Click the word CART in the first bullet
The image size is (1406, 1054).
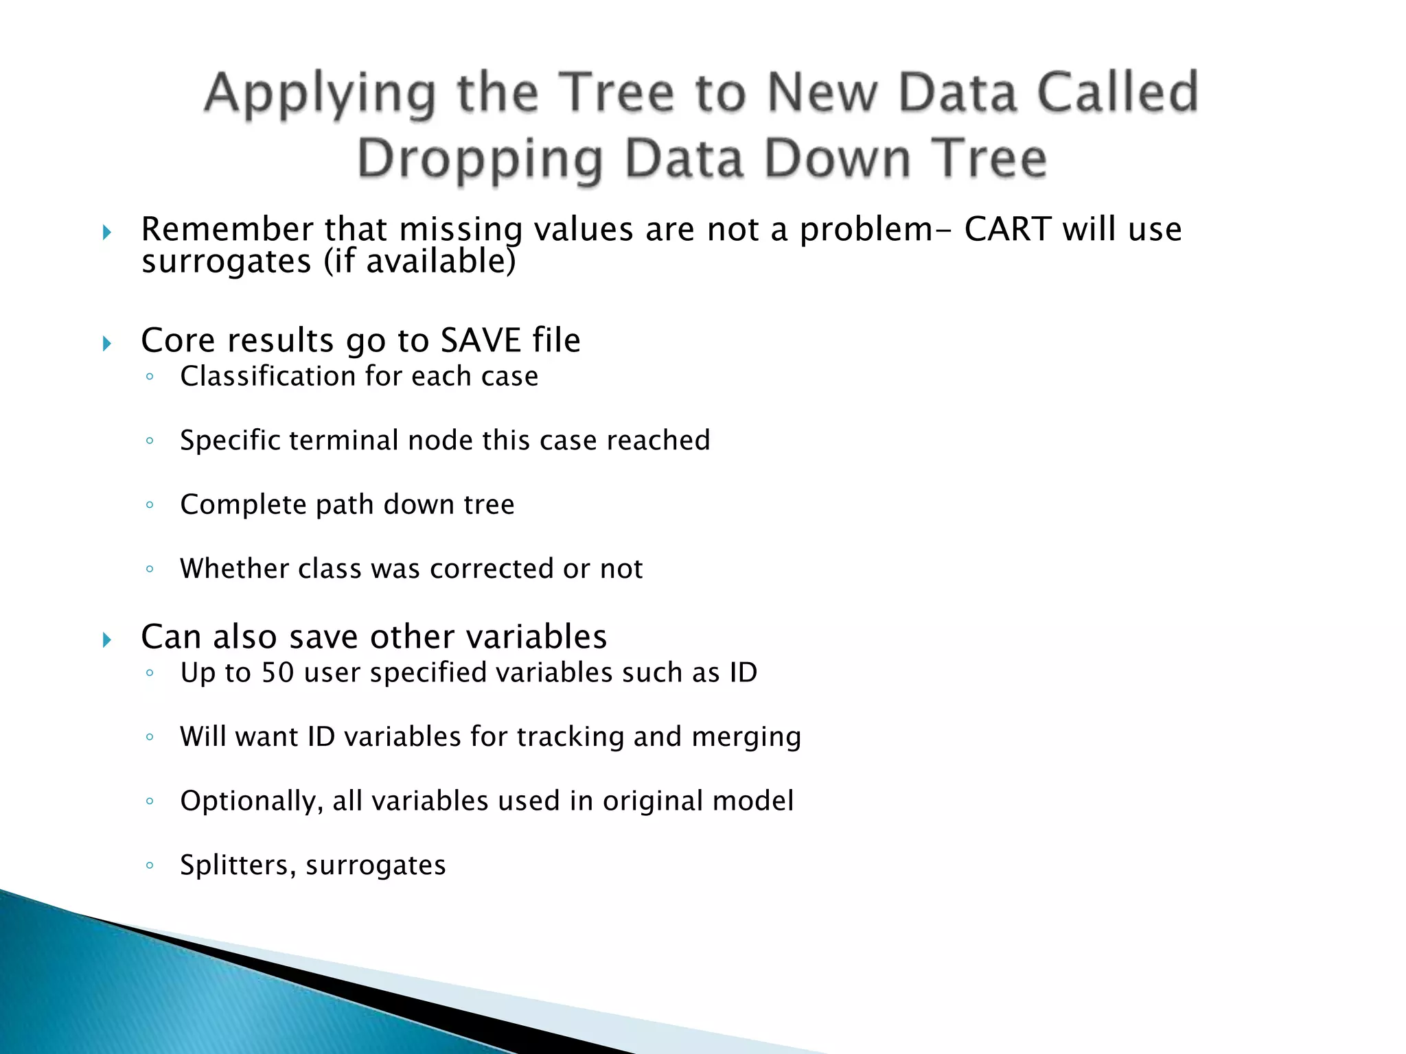click(1007, 229)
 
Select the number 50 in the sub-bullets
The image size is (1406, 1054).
click(277, 672)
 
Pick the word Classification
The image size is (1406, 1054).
click(268, 377)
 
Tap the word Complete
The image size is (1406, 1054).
click(243, 505)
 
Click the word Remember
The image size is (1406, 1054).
click(227, 229)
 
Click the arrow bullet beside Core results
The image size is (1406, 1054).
click(106, 343)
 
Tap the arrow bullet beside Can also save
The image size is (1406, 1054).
click(106, 640)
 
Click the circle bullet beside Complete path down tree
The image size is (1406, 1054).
click(150, 505)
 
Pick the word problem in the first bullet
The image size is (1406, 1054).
click(866, 229)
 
